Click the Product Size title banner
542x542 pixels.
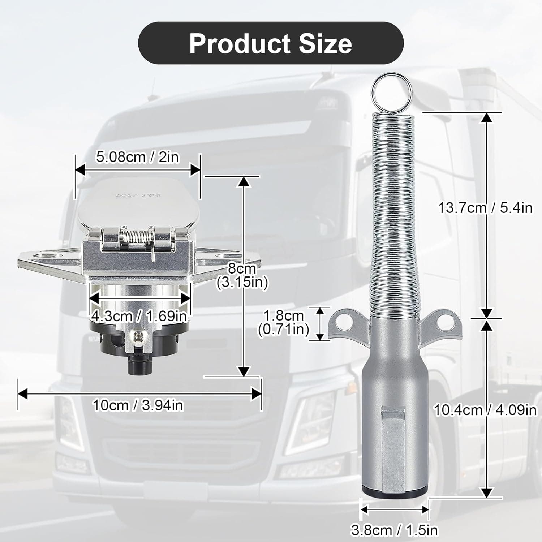[x=271, y=43]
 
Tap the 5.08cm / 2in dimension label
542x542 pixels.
[x=137, y=157]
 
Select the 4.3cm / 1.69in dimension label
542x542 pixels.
[x=139, y=316]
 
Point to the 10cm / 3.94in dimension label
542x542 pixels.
[x=138, y=405]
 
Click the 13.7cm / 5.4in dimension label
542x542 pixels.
[x=485, y=208]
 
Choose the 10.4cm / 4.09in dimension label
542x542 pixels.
[x=485, y=410]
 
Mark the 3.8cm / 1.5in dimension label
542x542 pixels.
[x=394, y=530]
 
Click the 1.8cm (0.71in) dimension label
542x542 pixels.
[x=283, y=323]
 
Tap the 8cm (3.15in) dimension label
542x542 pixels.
[x=242, y=275]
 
